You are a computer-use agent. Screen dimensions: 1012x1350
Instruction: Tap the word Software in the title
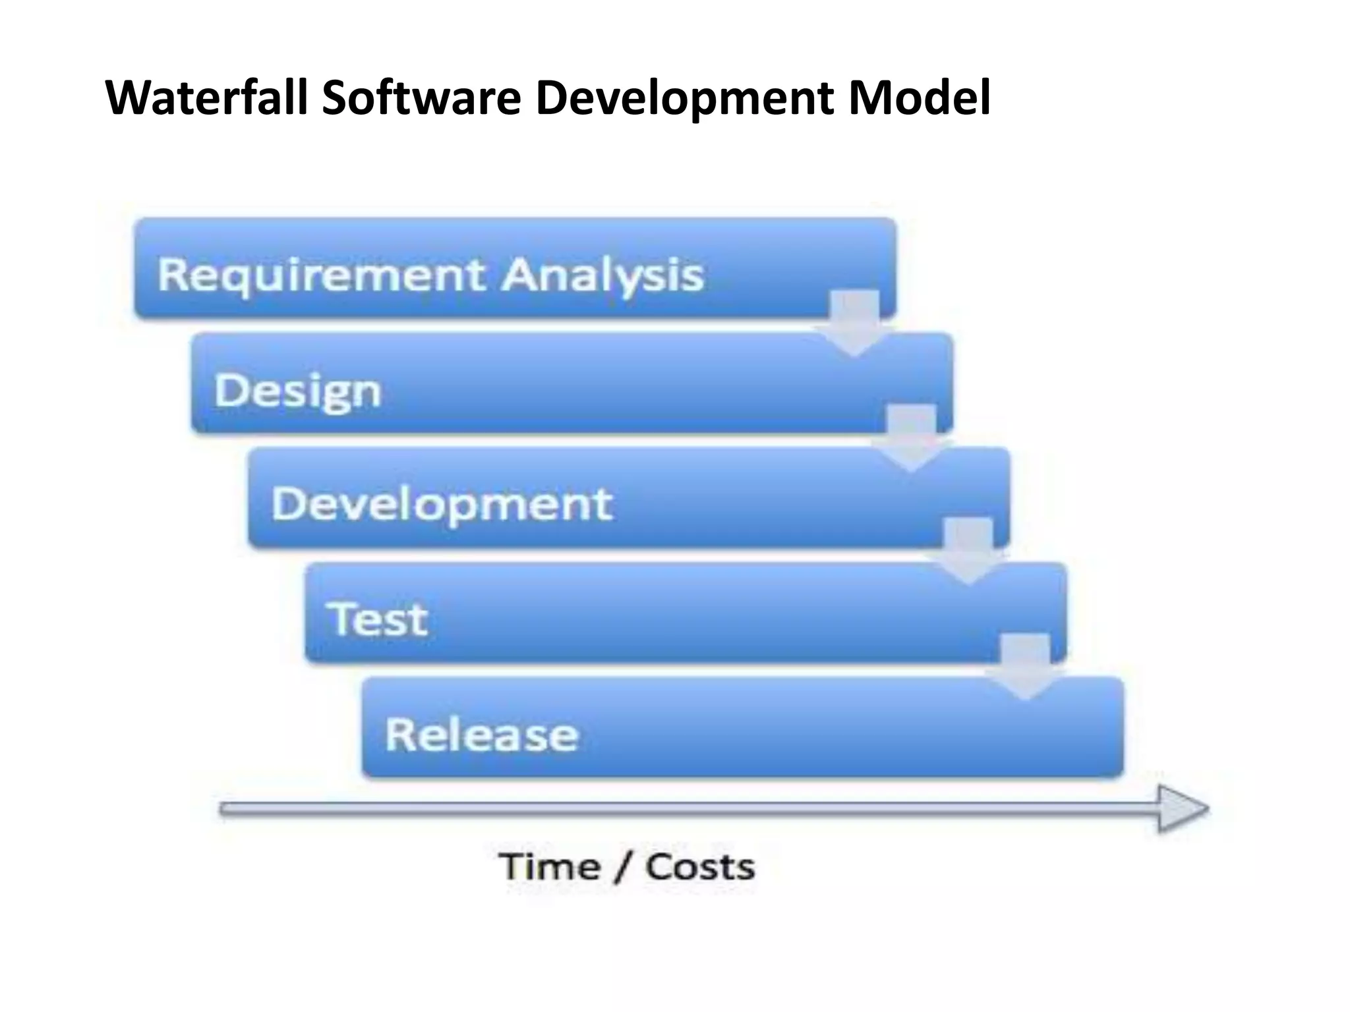421,98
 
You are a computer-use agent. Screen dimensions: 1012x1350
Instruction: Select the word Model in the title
919,98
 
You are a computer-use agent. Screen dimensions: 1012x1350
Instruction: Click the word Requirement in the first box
322,275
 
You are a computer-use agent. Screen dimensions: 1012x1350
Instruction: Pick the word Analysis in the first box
602,275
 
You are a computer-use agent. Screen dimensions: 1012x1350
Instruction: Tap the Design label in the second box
298,391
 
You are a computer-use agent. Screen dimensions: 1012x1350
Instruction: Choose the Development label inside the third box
442,505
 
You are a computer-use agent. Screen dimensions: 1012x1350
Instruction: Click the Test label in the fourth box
378,619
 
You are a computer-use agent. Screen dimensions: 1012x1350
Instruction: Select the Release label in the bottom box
481,735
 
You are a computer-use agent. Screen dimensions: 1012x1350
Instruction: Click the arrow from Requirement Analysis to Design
854,323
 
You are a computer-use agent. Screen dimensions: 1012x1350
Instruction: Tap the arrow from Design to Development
911,437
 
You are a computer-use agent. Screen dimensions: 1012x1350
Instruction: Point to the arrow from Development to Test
968,551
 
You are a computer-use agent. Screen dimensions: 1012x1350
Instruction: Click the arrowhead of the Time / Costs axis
1183,808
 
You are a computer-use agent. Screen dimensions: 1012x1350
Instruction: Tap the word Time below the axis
550,866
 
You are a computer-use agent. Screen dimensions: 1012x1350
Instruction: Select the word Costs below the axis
700,866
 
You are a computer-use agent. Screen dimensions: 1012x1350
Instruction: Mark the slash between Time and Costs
622,867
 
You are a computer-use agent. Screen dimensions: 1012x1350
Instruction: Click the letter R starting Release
399,734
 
